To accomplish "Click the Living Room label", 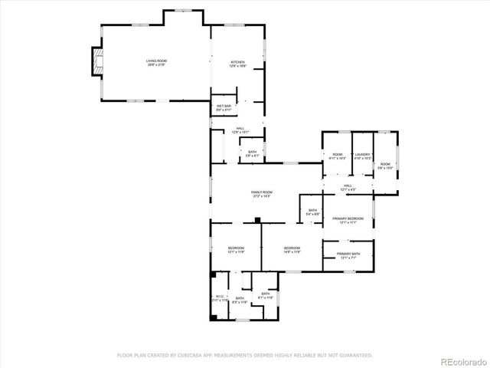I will pos(156,63).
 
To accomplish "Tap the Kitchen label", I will pos(239,64).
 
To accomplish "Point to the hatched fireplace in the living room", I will pos(96,62).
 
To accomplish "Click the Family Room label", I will pos(262,194).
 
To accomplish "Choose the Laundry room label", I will pos(362,156).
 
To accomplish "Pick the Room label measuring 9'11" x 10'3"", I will pos(337,156).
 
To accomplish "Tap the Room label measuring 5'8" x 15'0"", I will pos(385,165).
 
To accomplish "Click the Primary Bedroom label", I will pos(348,221).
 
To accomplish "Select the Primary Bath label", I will pos(348,255).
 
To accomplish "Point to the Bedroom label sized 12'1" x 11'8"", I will pos(236,249).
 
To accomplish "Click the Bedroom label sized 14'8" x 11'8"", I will pos(292,249).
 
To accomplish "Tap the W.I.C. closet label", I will pos(220,298).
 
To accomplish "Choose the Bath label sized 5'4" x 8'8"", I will pos(312,212).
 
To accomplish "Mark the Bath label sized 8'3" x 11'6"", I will pos(240,300).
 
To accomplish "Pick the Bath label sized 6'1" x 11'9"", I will pos(265,295).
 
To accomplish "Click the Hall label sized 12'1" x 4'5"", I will pos(348,187).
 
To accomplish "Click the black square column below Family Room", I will pos(259,221).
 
